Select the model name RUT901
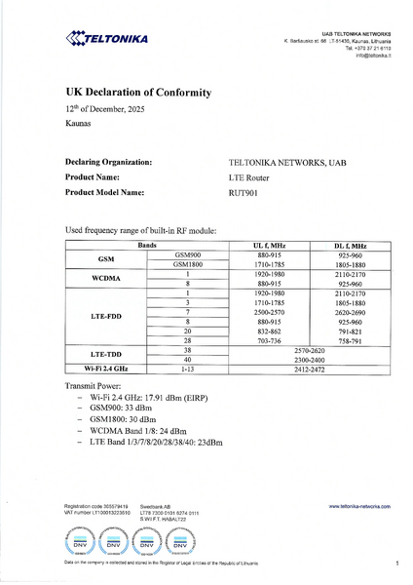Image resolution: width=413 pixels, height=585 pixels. click(x=243, y=193)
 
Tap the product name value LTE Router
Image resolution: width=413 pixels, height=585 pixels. click(x=249, y=177)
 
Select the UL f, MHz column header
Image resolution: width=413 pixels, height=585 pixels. click(x=269, y=246)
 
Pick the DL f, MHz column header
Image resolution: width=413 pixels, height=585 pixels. click(x=350, y=246)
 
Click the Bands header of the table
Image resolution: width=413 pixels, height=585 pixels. click(x=147, y=246)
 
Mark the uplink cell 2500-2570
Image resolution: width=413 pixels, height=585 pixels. click(x=269, y=312)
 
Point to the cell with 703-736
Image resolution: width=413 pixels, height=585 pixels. click(x=269, y=340)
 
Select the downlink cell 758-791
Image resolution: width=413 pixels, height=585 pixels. click(x=350, y=340)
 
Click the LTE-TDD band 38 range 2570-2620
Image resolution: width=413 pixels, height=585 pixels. click(x=309, y=349)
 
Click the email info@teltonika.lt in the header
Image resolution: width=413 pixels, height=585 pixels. click(x=372, y=56)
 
